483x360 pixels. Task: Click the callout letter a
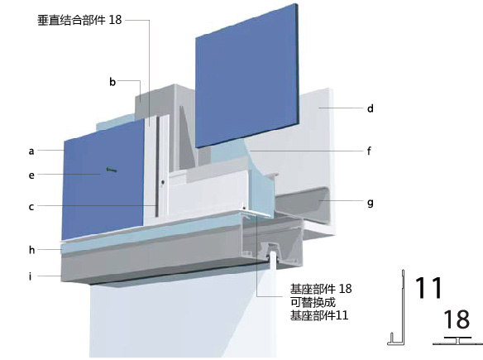point(31,151)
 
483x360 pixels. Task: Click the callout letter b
point(112,82)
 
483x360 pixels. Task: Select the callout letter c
point(31,207)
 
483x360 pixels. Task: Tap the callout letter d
point(371,108)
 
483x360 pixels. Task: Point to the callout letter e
point(31,175)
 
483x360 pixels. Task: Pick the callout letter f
point(369,151)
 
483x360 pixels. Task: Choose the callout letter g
point(371,203)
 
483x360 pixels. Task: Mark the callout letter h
point(31,250)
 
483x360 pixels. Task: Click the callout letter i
point(30,276)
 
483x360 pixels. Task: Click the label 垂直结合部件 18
point(79,20)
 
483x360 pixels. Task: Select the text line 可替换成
point(313,302)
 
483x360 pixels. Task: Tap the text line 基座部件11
point(319,315)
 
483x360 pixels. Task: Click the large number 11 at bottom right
point(428,287)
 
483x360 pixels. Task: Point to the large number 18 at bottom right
point(457,319)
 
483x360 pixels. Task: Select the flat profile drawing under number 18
point(457,341)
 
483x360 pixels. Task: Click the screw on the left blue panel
point(112,170)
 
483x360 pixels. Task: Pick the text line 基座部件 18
point(321,289)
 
